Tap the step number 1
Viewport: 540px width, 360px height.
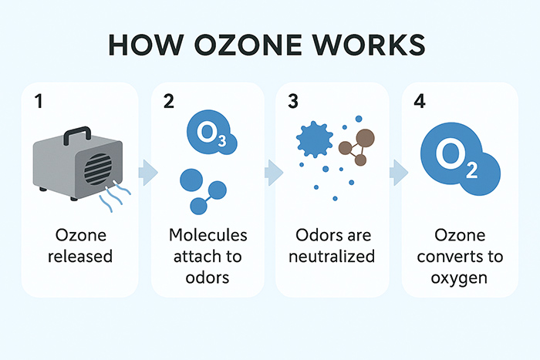tap(38, 102)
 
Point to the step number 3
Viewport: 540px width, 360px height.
tap(293, 102)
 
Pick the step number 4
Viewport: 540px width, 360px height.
tap(420, 102)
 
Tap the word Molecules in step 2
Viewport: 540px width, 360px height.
tap(208, 236)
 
